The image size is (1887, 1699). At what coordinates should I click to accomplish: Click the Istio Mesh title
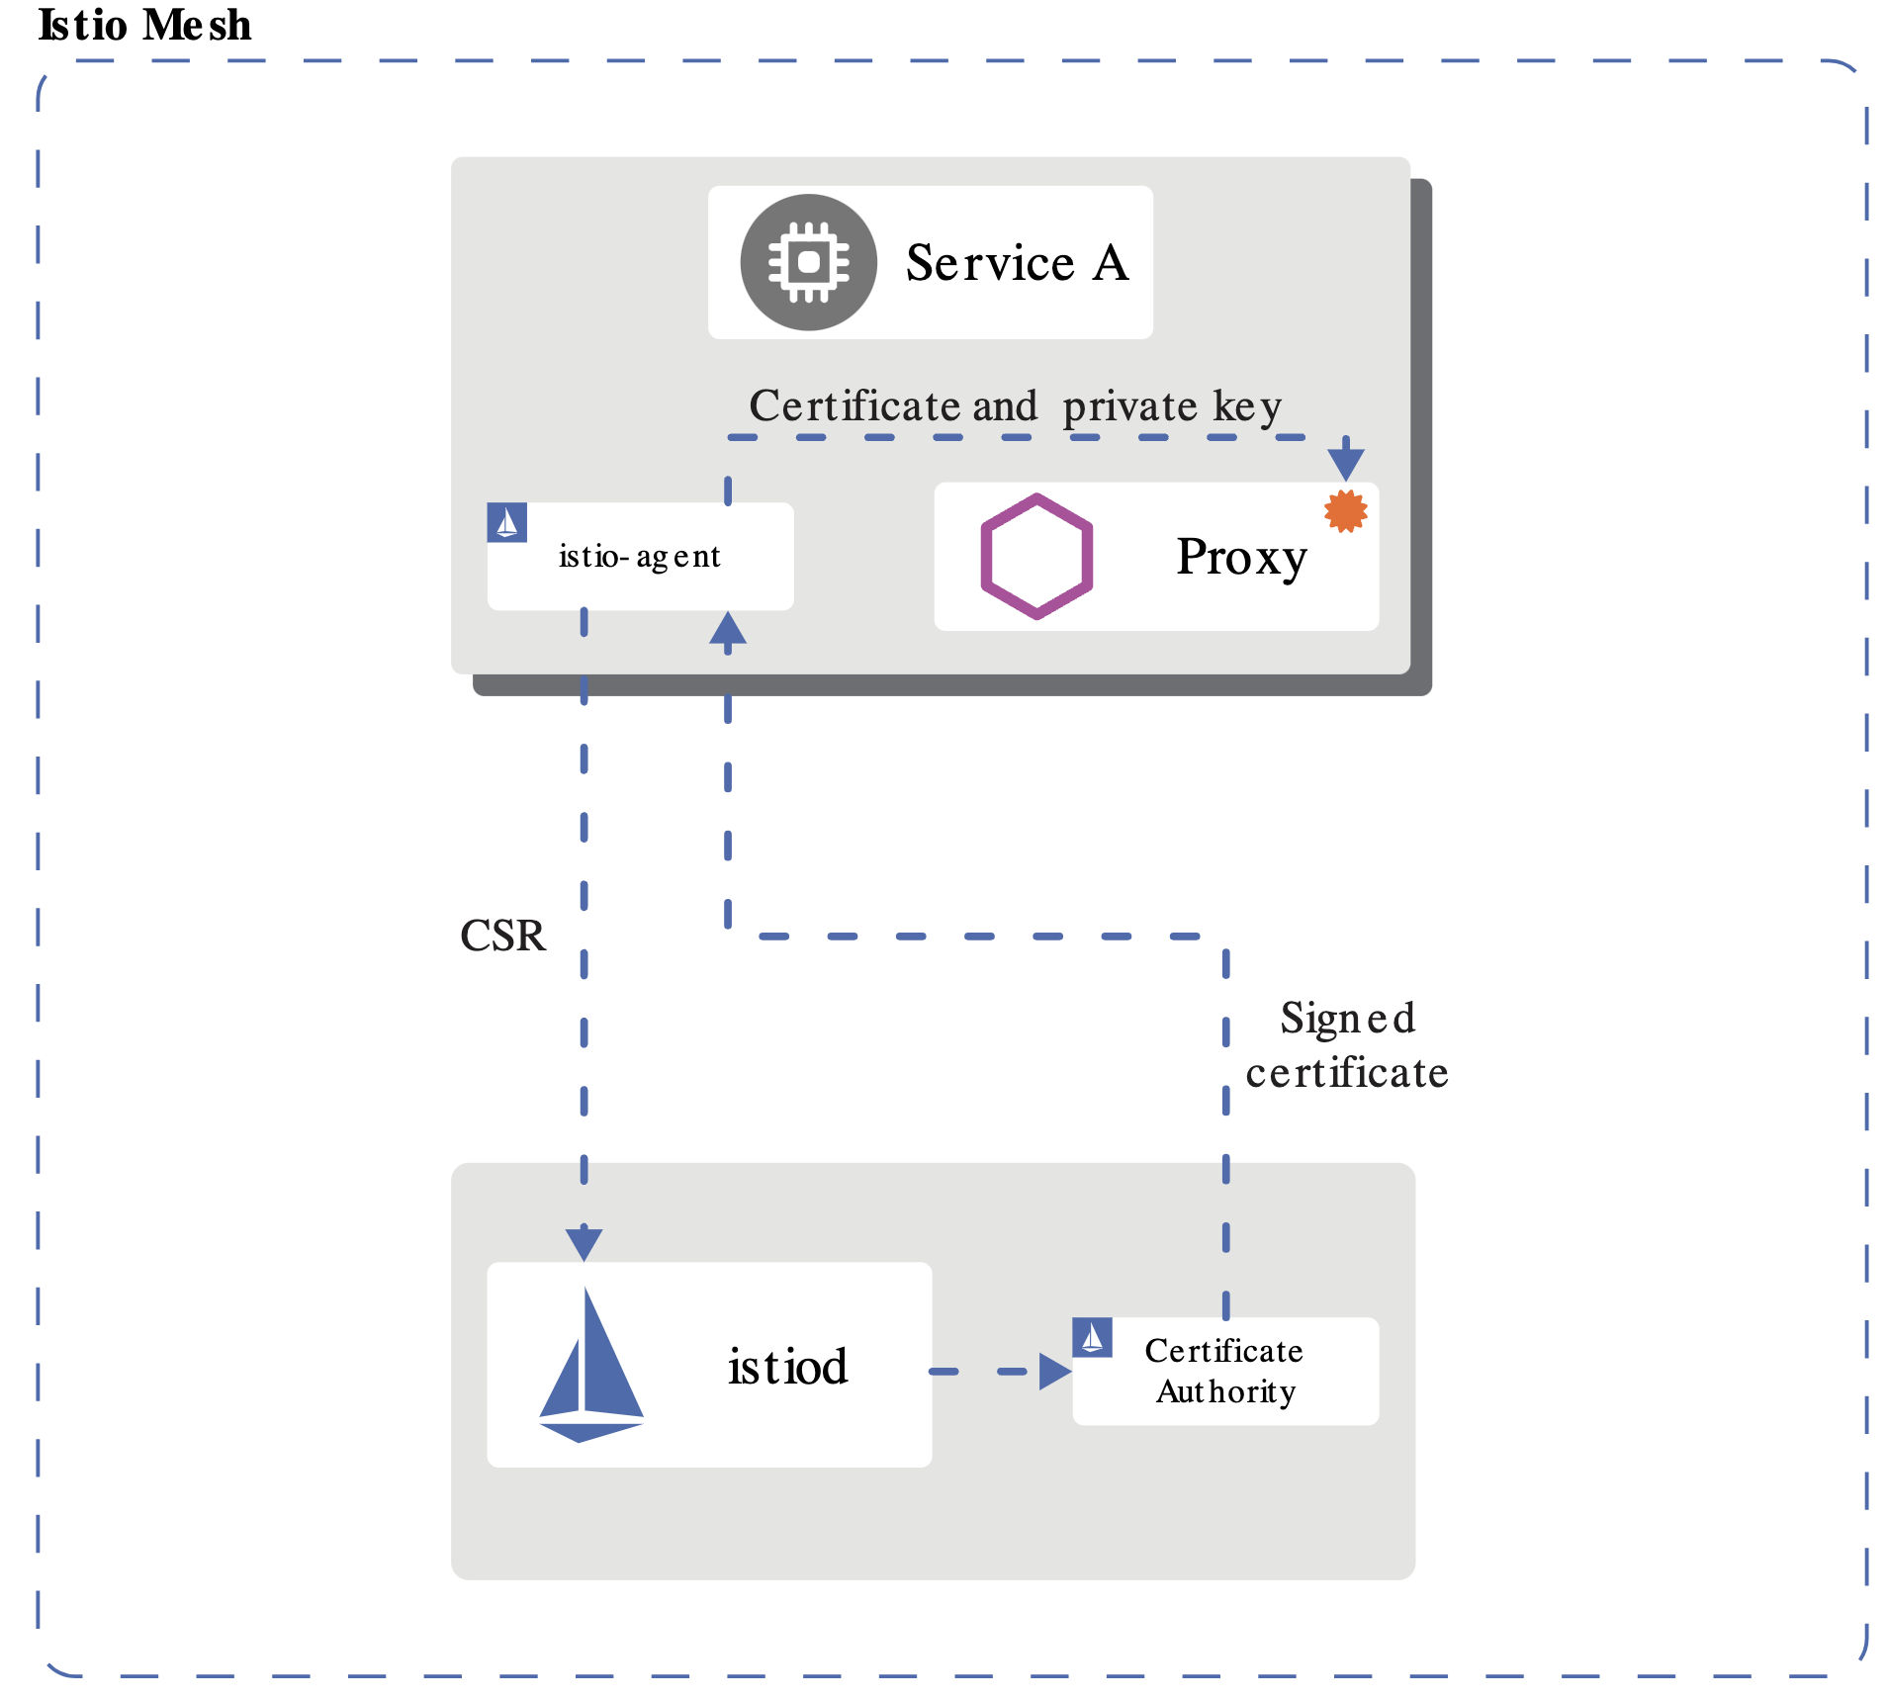[x=144, y=25]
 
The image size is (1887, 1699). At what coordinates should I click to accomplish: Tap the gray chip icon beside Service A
[x=808, y=262]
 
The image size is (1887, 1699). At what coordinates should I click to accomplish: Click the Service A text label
[x=1017, y=263]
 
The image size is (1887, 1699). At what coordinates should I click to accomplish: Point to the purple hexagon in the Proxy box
[x=1036, y=556]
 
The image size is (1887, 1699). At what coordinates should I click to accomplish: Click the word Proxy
[x=1241, y=557]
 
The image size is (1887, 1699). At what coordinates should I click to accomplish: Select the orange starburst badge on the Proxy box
[x=1345, y=510]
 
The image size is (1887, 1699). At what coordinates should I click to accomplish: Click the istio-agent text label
[x=639, y=557]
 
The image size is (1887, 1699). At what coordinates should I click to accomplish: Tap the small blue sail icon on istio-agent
[x=506, y=522]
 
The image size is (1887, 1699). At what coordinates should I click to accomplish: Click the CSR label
[x=502, y=936]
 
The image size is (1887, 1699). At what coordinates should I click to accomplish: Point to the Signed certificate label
[x=1346, y=1045]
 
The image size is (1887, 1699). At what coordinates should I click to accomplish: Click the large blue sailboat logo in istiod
[x=590, y=1366]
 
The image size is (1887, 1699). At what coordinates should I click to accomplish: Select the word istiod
[x=787, y=1367]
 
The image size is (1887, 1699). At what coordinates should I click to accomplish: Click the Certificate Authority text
[x=1224, y=1371]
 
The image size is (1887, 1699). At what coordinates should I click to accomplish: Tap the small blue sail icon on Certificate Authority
[x=1092, y=1338]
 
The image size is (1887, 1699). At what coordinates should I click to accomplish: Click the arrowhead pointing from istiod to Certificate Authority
[x=1054, y=1372]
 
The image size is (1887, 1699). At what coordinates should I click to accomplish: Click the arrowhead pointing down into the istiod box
[x=584, y=1242]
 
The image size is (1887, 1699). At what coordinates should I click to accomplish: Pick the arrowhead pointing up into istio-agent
[x=728, y=629]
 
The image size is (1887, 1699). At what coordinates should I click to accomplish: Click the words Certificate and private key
[x=1015, y=406]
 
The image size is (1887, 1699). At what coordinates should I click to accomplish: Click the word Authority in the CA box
[x=1225, y=1392]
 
